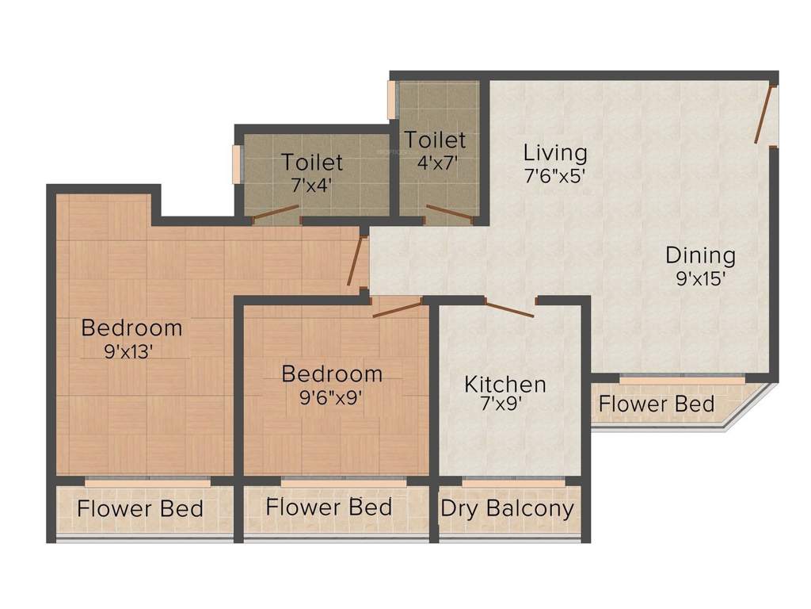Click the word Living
(x=555, y=151)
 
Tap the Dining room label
(x=700, y=255)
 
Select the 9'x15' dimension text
(x=700, y=278)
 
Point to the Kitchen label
(x=505, y=385)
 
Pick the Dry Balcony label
(x=507, y=508)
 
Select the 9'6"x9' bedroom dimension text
(x=332, y=396)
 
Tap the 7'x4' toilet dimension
(x=312, y=184)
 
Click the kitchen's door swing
(x=509, y=310)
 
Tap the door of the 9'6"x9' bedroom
(x=397, y=308)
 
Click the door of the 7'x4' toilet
(x=276, y=211)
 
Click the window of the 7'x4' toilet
(x=235, y=163)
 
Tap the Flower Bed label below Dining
(x=656, y=404)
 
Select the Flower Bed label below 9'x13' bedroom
(x=140, y=508)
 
